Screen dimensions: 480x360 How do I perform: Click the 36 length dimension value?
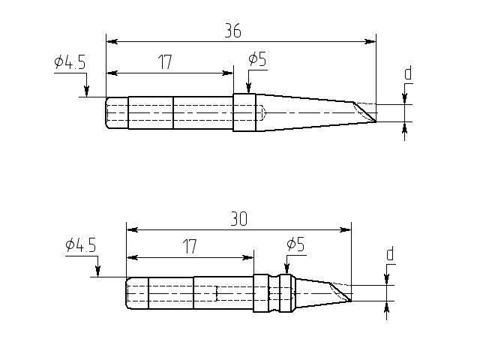click(x=233, y=31)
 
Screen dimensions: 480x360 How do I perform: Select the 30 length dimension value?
click(x=238, y=219)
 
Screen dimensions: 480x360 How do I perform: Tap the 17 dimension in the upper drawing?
click(x=165, y=62)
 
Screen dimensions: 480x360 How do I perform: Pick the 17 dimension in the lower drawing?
click(x=190, y=247)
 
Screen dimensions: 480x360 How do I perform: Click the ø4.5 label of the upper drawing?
click(x=70, y=62)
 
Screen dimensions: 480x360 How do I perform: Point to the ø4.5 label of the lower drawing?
click(x=81, y=245)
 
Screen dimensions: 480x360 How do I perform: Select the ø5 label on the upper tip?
click(x=257, y=59)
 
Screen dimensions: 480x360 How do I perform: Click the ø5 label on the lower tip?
click(x=295, y=244)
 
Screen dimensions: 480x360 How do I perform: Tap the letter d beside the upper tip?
click(x=408, y=73)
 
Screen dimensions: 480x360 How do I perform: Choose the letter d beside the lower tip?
click(x=390, y=253)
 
